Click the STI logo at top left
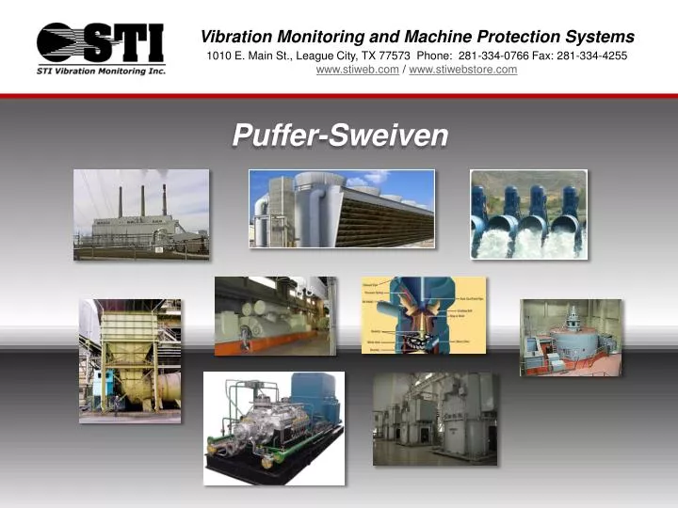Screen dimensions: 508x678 click(101, 43)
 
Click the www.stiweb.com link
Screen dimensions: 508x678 click(357, 70)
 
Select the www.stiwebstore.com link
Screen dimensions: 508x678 click(462, 70)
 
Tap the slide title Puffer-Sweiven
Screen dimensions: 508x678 click(340, 136)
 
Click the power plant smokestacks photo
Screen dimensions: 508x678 click(141, 214)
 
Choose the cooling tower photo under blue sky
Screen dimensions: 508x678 click(341, 209)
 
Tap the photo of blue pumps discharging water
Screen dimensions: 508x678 click(528, 214)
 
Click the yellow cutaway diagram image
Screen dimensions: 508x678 click(424, 315)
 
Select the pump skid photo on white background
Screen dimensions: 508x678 click(274, 428)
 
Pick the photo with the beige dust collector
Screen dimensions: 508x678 click(130, 360)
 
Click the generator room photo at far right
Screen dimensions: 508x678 click(571, 337)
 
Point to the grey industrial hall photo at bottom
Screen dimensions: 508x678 click(434, 419)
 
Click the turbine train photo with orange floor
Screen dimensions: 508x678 click(275, 316)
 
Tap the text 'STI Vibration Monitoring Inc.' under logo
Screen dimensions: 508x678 click(101, 71)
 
